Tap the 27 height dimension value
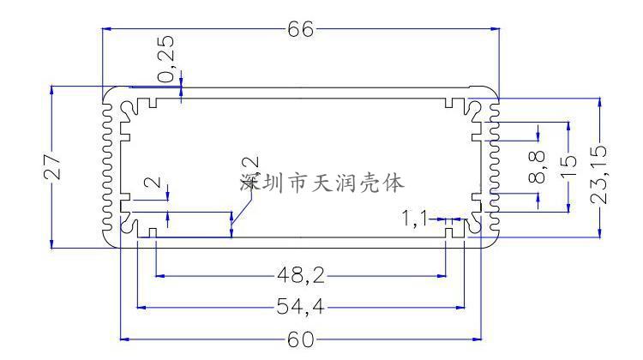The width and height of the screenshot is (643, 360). point(51,165)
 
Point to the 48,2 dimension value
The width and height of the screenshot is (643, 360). point(300,276)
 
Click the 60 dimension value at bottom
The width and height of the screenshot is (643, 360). point(300,339)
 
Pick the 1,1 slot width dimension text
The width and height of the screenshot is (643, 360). point(414,219)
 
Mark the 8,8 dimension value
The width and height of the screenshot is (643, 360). point(538,167)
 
